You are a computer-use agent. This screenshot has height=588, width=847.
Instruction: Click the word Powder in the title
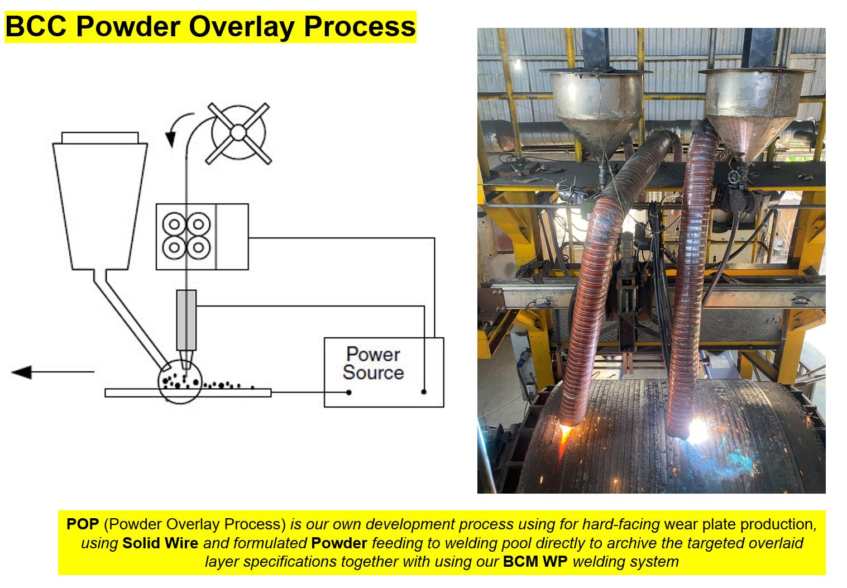tap(128, 27)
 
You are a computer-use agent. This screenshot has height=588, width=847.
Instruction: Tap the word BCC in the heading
tap(36, 26)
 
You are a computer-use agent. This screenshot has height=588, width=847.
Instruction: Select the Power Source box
tap(384, 372)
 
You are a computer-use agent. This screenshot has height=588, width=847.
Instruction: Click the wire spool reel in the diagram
tap(238, 133)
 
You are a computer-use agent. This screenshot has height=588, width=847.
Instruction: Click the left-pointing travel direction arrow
tap(52, 372)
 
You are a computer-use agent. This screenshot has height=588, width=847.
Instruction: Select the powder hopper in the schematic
tap(100, 200)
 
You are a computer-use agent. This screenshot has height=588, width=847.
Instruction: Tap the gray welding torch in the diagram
tap(186, 328)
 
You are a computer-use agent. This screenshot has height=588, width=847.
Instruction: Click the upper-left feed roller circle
tap(174, 224)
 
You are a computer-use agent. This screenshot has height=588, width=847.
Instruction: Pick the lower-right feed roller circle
tap(199, 248)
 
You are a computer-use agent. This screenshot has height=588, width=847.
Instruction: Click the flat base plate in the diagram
tap(188, 393)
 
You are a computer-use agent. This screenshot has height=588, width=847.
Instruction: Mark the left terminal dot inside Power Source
tap(348, 393)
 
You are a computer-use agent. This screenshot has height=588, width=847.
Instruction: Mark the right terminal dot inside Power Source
tap(424, 392)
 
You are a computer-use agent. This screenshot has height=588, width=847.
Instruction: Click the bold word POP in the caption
tap(83, 524)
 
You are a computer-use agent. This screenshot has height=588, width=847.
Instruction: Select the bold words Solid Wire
tap(160, 543)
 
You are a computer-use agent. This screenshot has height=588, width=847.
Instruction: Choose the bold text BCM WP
tap(535, 562)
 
